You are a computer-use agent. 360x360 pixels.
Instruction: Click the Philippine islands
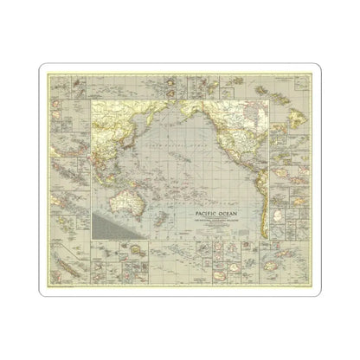pyautogui.click(x=110, y=147)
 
